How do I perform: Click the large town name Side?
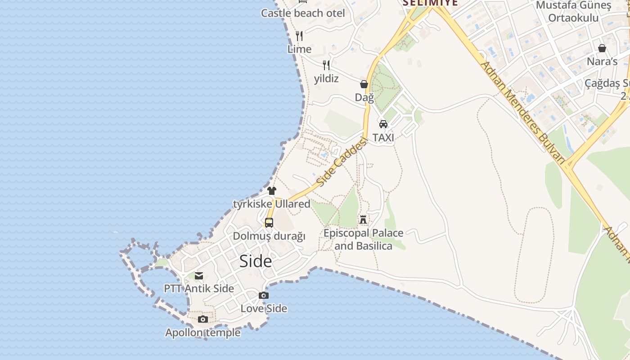(256, 261)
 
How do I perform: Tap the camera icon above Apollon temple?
(203, 319)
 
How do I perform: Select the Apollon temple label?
(203, 333)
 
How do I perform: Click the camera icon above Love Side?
(264, 295)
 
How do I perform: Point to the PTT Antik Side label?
(199, 288)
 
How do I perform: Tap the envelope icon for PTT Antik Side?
(199, 276)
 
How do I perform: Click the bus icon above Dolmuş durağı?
(269, 222)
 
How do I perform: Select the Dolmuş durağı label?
(269, 236)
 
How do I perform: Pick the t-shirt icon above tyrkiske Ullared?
(272, 190)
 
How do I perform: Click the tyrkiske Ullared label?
(272, 204)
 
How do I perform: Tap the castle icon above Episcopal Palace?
(363, 220)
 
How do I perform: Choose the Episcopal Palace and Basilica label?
(363, 239)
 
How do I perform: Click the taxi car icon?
(383, 124)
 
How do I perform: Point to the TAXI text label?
(383, 138)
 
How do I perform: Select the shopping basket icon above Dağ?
(364, 84)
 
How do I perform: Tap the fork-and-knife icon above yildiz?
(326, 65)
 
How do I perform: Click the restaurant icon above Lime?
(299, 36)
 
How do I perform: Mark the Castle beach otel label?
(303, 13)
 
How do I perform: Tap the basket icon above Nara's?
(602, 48)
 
